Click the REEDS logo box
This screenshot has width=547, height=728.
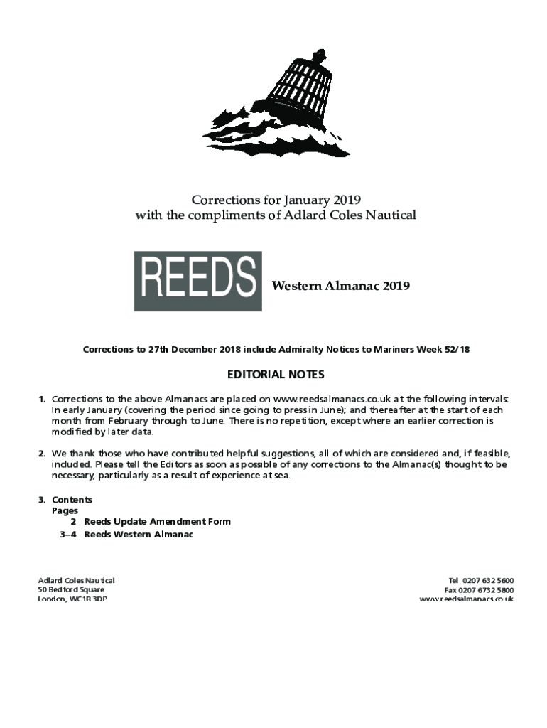pos(197,281)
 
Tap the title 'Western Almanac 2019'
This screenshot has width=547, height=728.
pos(341,287)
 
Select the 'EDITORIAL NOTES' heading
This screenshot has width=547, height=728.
pos(276,375)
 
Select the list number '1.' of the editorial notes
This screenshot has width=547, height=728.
pos(43,400)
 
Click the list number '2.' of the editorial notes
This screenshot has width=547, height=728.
pos(43,454)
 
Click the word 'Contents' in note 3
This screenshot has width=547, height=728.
pos(72,500)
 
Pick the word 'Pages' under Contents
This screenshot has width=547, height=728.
pos(65,510)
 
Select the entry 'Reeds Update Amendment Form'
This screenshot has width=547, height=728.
pos(157,522)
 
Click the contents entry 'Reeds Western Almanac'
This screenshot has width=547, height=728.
pos(139,535)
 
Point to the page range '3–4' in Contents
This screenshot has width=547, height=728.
pos(69,535)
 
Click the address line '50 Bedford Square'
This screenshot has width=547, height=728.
pos(71,590)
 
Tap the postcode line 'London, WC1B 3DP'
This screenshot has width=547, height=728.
pos(72,599)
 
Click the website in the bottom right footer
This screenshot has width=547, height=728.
pos(467,599)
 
